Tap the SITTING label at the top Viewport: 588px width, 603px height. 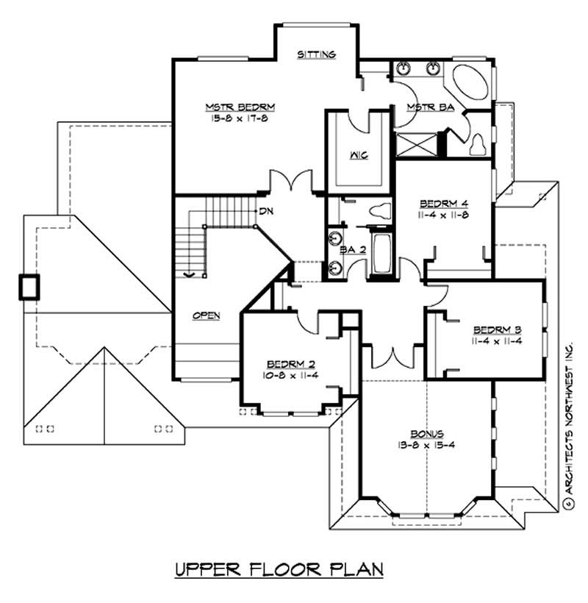[317, 54]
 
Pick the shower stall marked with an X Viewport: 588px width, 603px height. [417, 143]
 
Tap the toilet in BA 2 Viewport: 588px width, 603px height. [380, 211]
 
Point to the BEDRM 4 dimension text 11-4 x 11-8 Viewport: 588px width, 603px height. [444, 215]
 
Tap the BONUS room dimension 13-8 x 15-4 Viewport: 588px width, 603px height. [427, 446]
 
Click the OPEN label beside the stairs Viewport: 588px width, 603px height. [207, 315]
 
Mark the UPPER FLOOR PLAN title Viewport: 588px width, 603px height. [279, 570]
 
